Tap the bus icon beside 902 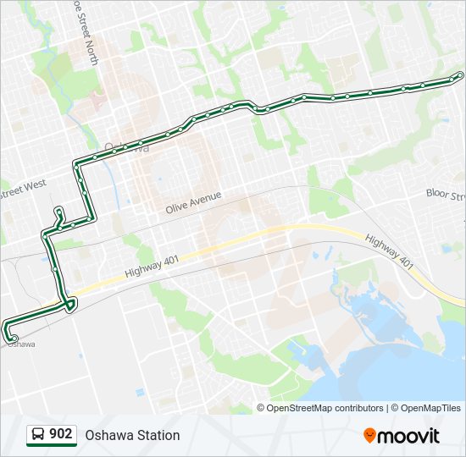coord(38,435)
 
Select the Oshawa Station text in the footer coord(132,435)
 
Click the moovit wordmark coord(409,436)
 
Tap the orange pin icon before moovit coord(370,436)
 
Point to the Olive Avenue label coord(193,201)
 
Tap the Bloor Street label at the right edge coord(446,195)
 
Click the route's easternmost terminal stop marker coord(459,76)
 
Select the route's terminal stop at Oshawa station coord(14,339)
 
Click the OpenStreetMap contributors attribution coord(325,408)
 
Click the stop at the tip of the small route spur coord(58,210)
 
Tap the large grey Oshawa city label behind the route coord(126,146)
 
